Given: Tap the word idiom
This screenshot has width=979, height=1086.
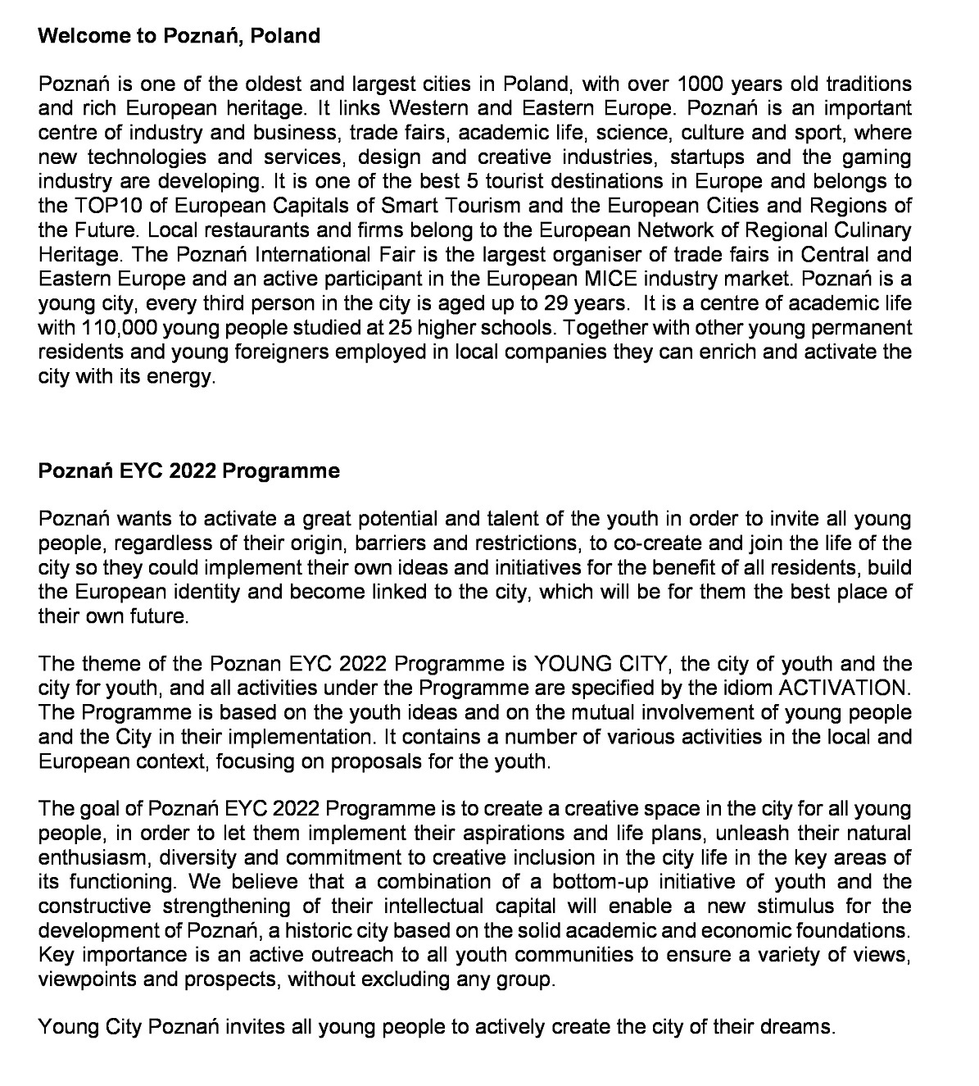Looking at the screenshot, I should tap(748, 687).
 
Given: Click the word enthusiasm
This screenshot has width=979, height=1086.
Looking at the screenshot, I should tap(92, 857).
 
